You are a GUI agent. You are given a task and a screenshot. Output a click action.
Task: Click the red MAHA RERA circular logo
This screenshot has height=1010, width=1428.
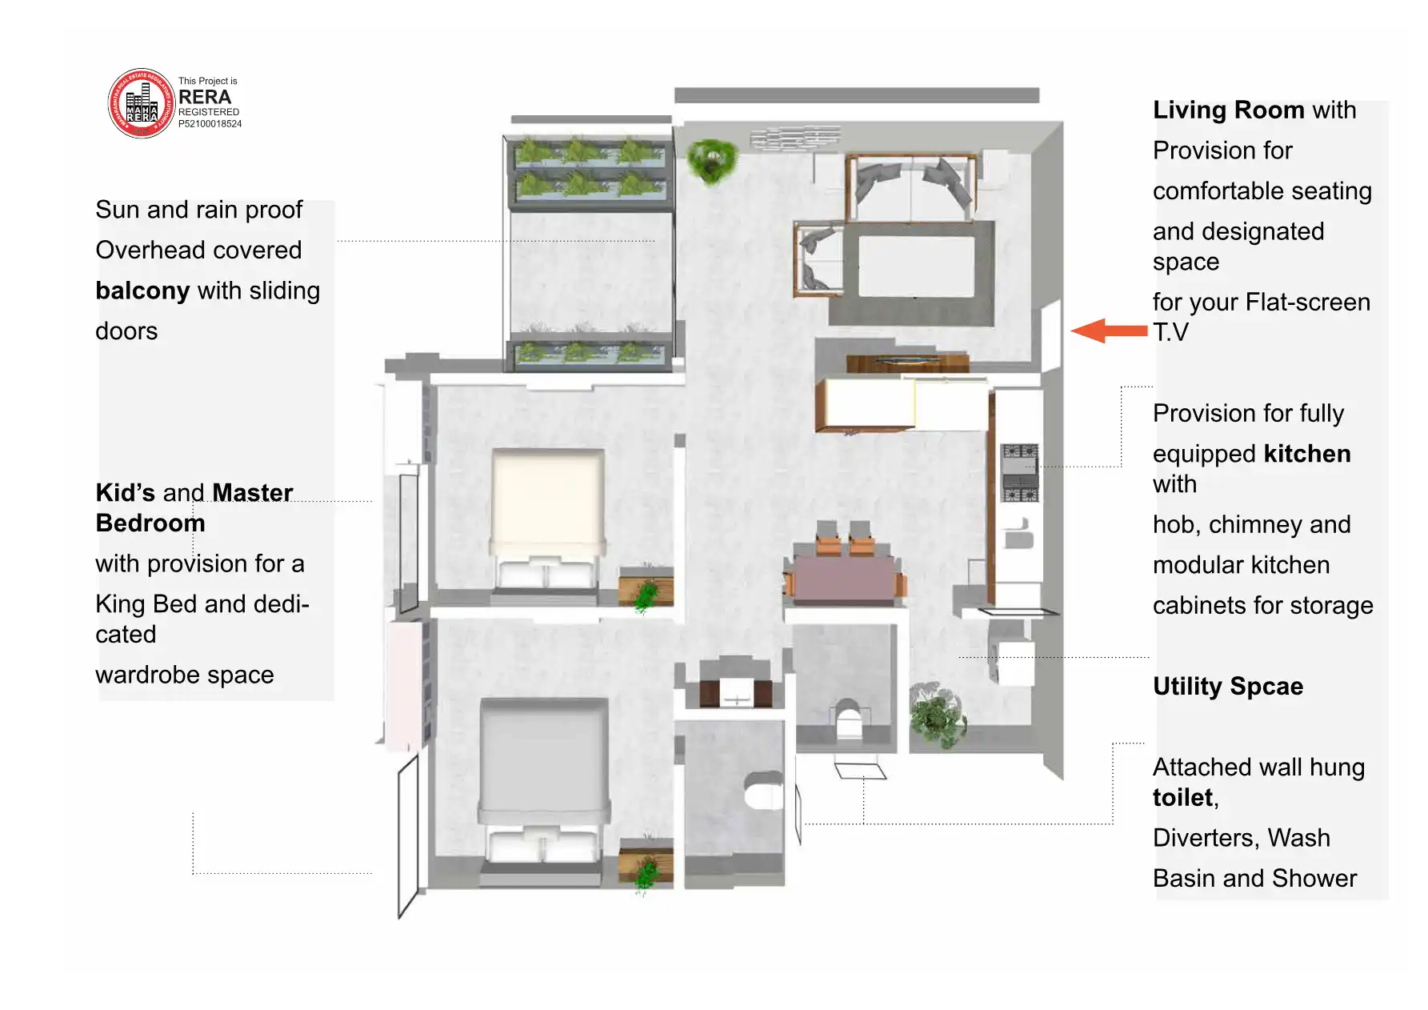click(x=142, y=103)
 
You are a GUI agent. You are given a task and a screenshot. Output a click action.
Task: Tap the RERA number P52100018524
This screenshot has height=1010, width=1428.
click(x=210, y=124)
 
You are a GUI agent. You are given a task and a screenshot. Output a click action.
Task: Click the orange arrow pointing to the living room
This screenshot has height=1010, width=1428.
click(x=1109, y=331)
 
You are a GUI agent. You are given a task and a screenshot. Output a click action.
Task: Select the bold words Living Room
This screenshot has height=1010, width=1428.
click(x=1229, y=110)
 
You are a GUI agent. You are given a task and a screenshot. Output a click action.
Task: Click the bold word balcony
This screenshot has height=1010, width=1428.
click(x=142, y=291)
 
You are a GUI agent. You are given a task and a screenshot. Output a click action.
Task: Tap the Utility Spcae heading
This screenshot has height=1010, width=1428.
click(x=1228, y=687)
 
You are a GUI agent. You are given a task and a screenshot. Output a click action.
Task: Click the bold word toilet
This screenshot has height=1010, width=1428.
click(x=1182, y=798)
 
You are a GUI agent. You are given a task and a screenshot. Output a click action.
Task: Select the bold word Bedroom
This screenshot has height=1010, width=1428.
click(x=150, y=523)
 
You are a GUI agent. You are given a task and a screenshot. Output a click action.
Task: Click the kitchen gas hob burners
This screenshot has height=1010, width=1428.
click(x=1020, y=473)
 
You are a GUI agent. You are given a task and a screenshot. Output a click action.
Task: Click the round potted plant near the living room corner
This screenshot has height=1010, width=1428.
click(x=710, y=161)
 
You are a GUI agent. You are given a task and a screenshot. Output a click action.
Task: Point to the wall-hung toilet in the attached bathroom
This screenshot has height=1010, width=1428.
click(x=764, y=791)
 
